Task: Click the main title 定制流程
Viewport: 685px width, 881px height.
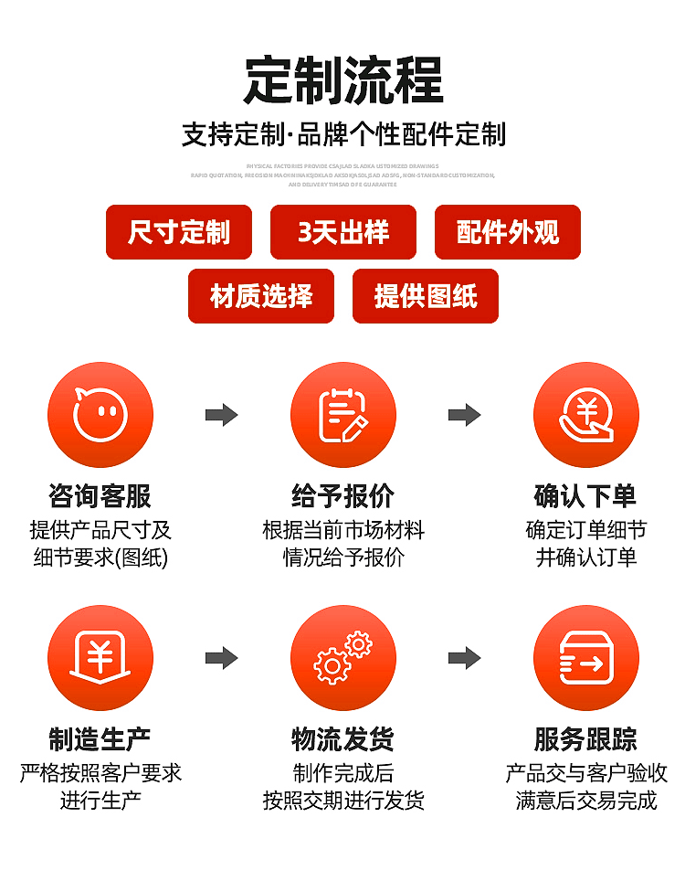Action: coord(342,80)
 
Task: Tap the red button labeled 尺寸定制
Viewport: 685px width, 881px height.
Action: coord(179,232)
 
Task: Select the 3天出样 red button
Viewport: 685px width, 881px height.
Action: coord(343,232)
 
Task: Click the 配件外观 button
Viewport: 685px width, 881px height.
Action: coord(508,232)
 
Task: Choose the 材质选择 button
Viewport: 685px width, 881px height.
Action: coord(261,296)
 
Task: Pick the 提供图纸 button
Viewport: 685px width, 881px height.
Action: coord(426,296)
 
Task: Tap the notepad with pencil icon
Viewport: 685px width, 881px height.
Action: coord(343,415)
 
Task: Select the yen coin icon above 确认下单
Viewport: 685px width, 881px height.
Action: coord(586,415)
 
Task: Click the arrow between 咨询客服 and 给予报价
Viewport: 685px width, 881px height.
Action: coord(222,415)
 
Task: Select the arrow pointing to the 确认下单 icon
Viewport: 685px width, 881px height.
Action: coord(465,415)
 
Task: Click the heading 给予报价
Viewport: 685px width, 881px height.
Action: coord(343,496)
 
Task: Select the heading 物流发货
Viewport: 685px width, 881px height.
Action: coord(343,739)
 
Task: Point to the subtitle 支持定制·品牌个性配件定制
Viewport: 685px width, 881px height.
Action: coord(343,135)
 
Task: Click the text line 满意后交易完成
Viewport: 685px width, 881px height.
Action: coord(586,801)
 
